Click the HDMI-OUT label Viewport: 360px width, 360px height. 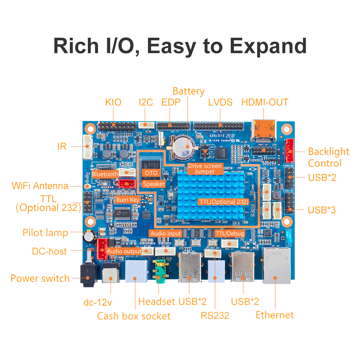pyautogui.click(x=265, y=102)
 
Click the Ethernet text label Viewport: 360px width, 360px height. pyautogui.click(x=275, y=315)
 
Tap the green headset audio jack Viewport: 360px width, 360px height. pyautogui.click(x=159, y=274)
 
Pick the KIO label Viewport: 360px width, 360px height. pyautogui.click(x=113, y=102)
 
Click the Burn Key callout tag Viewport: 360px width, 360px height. pyautogui.click(x=127, y=199)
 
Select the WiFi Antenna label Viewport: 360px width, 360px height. pyautogui.click(x=40, y=186)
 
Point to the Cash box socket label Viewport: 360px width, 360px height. pyautogui.click(x=134, y=316)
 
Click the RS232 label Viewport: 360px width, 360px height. pyautogui.click(x=215, y=316)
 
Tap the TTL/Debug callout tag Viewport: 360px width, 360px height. pyautogui.click(x=229, y=234)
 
